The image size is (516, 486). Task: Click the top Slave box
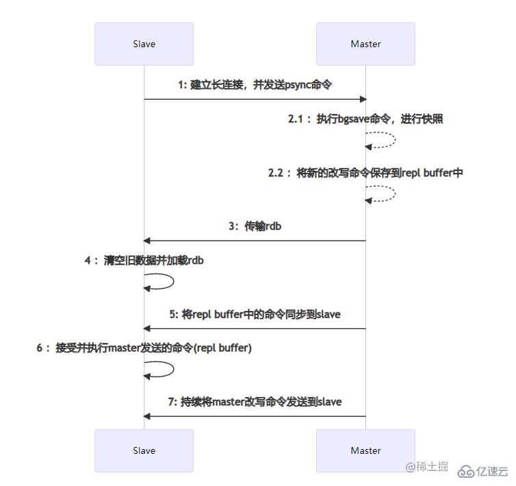click(x=144, y=44)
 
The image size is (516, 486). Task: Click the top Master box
click(x=365, y=44)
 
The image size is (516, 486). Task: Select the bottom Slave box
click(x=144, y=450)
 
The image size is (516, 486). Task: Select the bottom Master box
click(x=365, y=450)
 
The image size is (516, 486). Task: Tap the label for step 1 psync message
click(x=255, y=85)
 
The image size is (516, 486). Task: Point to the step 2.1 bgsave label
click(x=365, y=119)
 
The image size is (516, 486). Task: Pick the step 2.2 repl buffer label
click(x=365, y=173)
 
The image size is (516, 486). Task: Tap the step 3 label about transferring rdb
click(x=255, y=226)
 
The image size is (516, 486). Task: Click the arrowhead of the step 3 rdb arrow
click(x=147, y=241)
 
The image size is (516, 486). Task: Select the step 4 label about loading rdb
click(x=144, y=260)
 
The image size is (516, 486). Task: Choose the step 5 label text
click(x=255, y=314)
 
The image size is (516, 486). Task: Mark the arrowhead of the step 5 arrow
click(x=147, y=329)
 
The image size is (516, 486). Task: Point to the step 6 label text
click(x=144, y=348)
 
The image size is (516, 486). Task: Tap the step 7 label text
click(x=255, y=402)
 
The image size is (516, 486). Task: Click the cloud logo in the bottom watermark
click(x=466, y=470)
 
